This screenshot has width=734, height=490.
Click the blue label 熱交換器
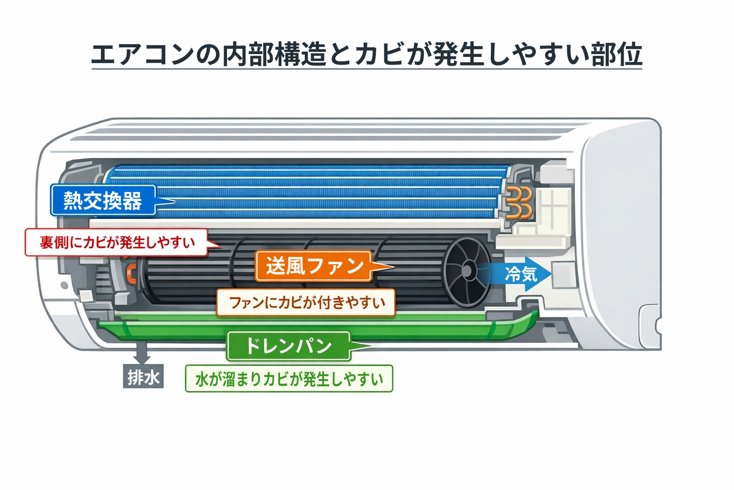pos(103,200)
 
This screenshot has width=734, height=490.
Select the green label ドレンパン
pos(288,345)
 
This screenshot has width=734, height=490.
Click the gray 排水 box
pos(143,377)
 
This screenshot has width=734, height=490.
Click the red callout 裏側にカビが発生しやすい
pos(117,242)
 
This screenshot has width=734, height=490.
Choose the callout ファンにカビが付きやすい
pos(306,302)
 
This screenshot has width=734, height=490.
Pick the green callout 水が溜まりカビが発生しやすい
pos(289,379)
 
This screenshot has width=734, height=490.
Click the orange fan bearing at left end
pos(130,273)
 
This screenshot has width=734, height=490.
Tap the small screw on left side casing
pos(64,286)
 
